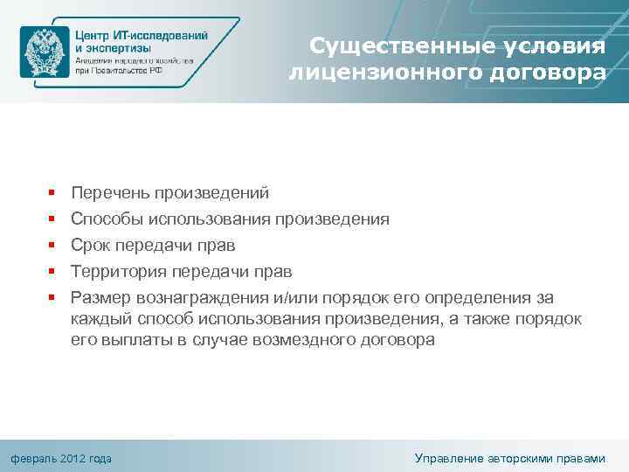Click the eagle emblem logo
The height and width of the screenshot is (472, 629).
click(44, 52)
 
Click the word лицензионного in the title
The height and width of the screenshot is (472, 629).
click(377, 73)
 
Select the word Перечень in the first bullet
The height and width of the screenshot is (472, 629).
click(109, 192)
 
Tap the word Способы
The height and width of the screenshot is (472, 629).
click(107, 219)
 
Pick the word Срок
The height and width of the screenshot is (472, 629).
click(91, 245)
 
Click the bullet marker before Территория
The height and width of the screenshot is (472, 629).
click(52, 272)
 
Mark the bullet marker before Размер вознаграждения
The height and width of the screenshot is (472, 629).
click(52, 298)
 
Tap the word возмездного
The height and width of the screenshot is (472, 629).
click(308, 340)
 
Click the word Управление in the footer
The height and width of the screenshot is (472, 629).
click(454, 458)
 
